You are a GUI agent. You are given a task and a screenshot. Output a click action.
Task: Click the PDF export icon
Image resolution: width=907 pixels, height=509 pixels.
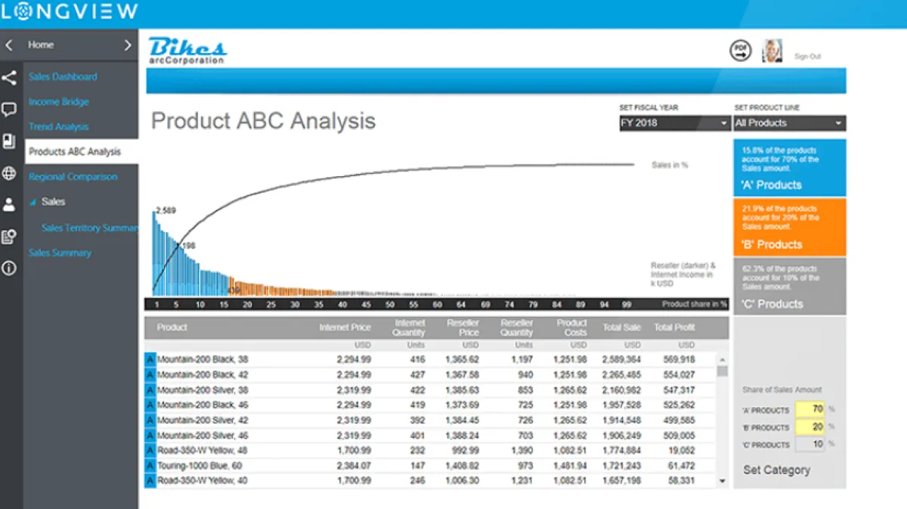(x=741, y=51)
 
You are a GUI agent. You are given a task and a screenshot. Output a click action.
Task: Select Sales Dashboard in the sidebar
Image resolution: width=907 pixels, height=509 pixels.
(x=63, y=76)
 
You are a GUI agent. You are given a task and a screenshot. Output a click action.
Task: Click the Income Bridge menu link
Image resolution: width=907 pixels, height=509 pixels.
(x=59, y=101)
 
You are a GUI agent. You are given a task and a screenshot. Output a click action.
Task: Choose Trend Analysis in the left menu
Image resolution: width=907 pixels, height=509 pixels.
(x=59, y=126)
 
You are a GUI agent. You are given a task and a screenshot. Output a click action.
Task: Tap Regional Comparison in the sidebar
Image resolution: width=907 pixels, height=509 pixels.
(x=73, y=176)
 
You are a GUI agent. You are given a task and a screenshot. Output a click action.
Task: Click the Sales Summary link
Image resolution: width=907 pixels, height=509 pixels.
(x=60, y=253)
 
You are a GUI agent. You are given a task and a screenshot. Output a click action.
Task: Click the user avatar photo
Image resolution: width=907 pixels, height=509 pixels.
(x=772, y=51)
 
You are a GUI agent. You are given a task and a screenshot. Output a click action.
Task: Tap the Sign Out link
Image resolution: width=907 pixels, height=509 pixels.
(x=807, y=57)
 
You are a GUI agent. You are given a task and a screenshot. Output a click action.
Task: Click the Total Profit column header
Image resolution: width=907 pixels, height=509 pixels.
(x=674, y=327)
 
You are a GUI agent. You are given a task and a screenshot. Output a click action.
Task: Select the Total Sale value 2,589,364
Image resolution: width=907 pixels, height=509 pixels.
(x=621, y=360)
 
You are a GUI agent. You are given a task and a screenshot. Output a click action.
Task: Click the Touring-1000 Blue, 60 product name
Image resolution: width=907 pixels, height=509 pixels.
(x=200, y=466)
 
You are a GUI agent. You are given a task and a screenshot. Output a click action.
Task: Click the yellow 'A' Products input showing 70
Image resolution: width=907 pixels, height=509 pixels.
(x=809, y=410)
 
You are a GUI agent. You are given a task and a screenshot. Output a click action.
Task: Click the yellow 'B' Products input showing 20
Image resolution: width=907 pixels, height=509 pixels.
(x=809, y=427)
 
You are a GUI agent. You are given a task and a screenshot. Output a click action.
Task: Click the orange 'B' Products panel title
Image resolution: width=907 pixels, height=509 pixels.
(x=772, y=244)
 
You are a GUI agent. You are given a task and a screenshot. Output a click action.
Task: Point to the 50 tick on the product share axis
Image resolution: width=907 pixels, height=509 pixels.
(x=390, y=305)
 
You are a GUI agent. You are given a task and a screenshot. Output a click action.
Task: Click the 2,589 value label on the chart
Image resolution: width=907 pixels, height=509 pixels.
(x=166, y=210)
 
